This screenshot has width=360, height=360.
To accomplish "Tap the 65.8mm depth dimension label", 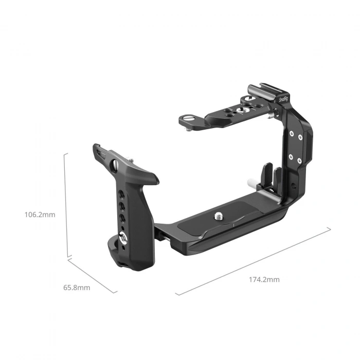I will [x=77, y=287].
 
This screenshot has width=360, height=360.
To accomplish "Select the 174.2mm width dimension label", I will [x=264, y=279].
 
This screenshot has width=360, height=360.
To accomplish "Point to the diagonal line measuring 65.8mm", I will [x=93, y=275].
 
